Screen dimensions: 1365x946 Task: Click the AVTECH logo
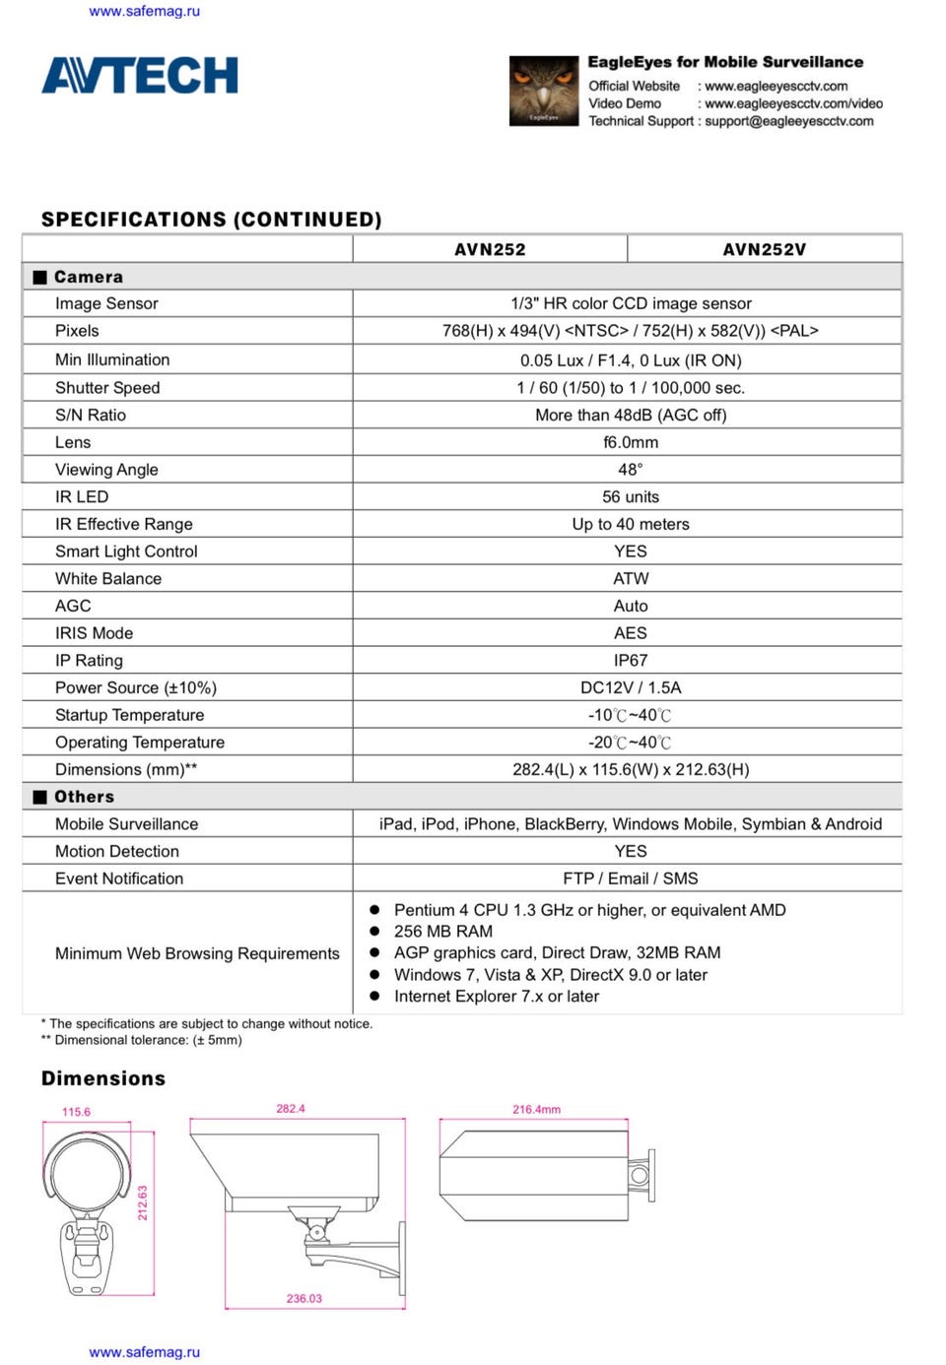[x=139, y=76]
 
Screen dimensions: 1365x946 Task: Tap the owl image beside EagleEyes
[x=543, y=91]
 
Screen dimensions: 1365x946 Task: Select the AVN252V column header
[x=764, y=249]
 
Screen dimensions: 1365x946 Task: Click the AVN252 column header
[x=490, y=249]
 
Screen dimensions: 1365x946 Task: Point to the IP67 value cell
[x=631, y=660]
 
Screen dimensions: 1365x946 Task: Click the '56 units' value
[x=631, y=496]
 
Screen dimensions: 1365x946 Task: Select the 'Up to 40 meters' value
[x=631, y=524]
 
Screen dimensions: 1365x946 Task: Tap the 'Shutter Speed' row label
[x=107, y=387]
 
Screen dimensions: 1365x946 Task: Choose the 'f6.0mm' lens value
[x=631, y=442]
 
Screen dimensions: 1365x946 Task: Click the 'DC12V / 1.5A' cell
[x=631, y=687]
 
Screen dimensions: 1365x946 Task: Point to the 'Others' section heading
[x=84, y=797]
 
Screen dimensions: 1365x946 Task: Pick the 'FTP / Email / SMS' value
[x=631, y=878]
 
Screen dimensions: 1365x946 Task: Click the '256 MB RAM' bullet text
[x=443, y=931]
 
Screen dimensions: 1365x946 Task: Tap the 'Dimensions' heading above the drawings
[x=103, y=1078]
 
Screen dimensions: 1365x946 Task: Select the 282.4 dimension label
[x=291, y=1109]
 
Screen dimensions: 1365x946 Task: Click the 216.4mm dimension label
[x=536, y=1109]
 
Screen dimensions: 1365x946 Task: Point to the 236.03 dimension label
[x=304, y=1298]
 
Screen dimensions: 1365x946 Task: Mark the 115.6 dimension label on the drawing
[x=76, y=1112]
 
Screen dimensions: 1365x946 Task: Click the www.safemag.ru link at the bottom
[x=145, y=1352]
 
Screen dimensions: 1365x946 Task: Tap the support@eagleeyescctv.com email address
[x=788, y=121]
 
